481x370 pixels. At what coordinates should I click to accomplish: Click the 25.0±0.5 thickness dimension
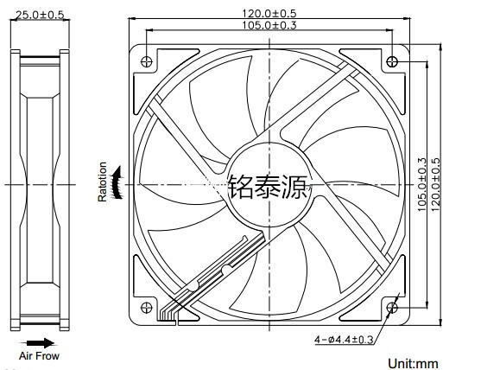coord(40,15)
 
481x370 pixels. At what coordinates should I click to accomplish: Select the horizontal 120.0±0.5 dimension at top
coord(269,14)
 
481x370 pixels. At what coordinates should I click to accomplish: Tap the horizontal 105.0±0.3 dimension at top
coord(269,25)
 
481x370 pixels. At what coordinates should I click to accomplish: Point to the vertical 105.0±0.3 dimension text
coord(422,184)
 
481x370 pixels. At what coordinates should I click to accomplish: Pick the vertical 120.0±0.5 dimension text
coord(435,184)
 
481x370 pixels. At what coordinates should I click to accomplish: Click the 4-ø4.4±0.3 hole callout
coord(344,339)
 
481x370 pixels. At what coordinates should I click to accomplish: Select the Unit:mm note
coord(413,364)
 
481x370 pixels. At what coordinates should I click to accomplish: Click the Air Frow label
coord(39,356)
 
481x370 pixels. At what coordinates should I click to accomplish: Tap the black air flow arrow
coord(37,343)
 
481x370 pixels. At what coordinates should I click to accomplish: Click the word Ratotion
coord(102,182)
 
